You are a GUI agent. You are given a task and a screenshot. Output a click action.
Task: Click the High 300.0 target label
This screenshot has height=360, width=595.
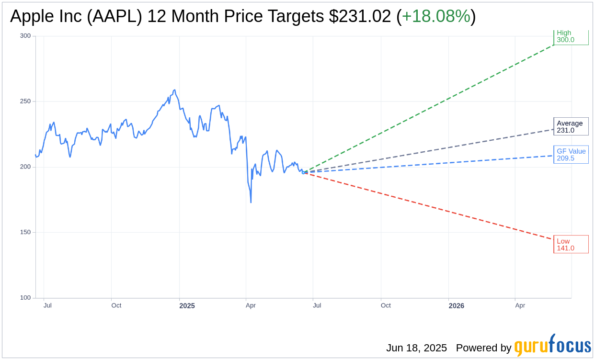point(571,36)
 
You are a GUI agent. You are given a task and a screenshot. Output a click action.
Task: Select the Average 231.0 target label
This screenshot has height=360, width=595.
point(571,126)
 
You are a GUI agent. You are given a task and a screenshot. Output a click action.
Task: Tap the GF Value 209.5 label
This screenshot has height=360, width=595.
point(571,155)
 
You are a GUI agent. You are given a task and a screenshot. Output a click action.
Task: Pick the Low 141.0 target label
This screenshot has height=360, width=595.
point(571,244)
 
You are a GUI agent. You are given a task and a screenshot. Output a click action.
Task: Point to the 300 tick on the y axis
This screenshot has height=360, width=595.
point(25,36)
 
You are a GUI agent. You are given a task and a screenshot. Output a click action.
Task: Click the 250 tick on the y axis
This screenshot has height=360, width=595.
point(25,101)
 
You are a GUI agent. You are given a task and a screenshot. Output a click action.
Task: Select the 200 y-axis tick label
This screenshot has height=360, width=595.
point(25,167)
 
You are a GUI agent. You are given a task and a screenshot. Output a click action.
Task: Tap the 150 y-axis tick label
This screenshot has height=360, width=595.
point(25,232)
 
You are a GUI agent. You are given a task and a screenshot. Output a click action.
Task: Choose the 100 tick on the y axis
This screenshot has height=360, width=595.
point(25,298)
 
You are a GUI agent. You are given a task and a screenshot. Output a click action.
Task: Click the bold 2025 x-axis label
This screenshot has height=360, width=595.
point(187,306)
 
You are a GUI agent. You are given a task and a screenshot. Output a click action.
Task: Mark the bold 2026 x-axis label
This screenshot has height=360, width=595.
point(456,306)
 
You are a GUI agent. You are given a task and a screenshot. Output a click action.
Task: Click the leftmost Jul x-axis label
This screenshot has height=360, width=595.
point(47,305)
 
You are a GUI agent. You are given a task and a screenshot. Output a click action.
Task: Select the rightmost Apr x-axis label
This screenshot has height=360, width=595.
point(520,305)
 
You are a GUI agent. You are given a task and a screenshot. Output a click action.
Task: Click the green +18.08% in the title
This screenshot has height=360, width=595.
point(436,16)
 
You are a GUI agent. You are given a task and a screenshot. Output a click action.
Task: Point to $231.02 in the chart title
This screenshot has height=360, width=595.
point(360,16)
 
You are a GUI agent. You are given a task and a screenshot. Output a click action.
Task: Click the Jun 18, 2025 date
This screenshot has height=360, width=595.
point(416,348)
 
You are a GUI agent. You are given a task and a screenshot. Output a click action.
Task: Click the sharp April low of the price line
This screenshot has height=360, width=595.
point(251,202)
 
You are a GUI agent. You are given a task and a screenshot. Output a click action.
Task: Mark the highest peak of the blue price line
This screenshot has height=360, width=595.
point(174,90)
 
